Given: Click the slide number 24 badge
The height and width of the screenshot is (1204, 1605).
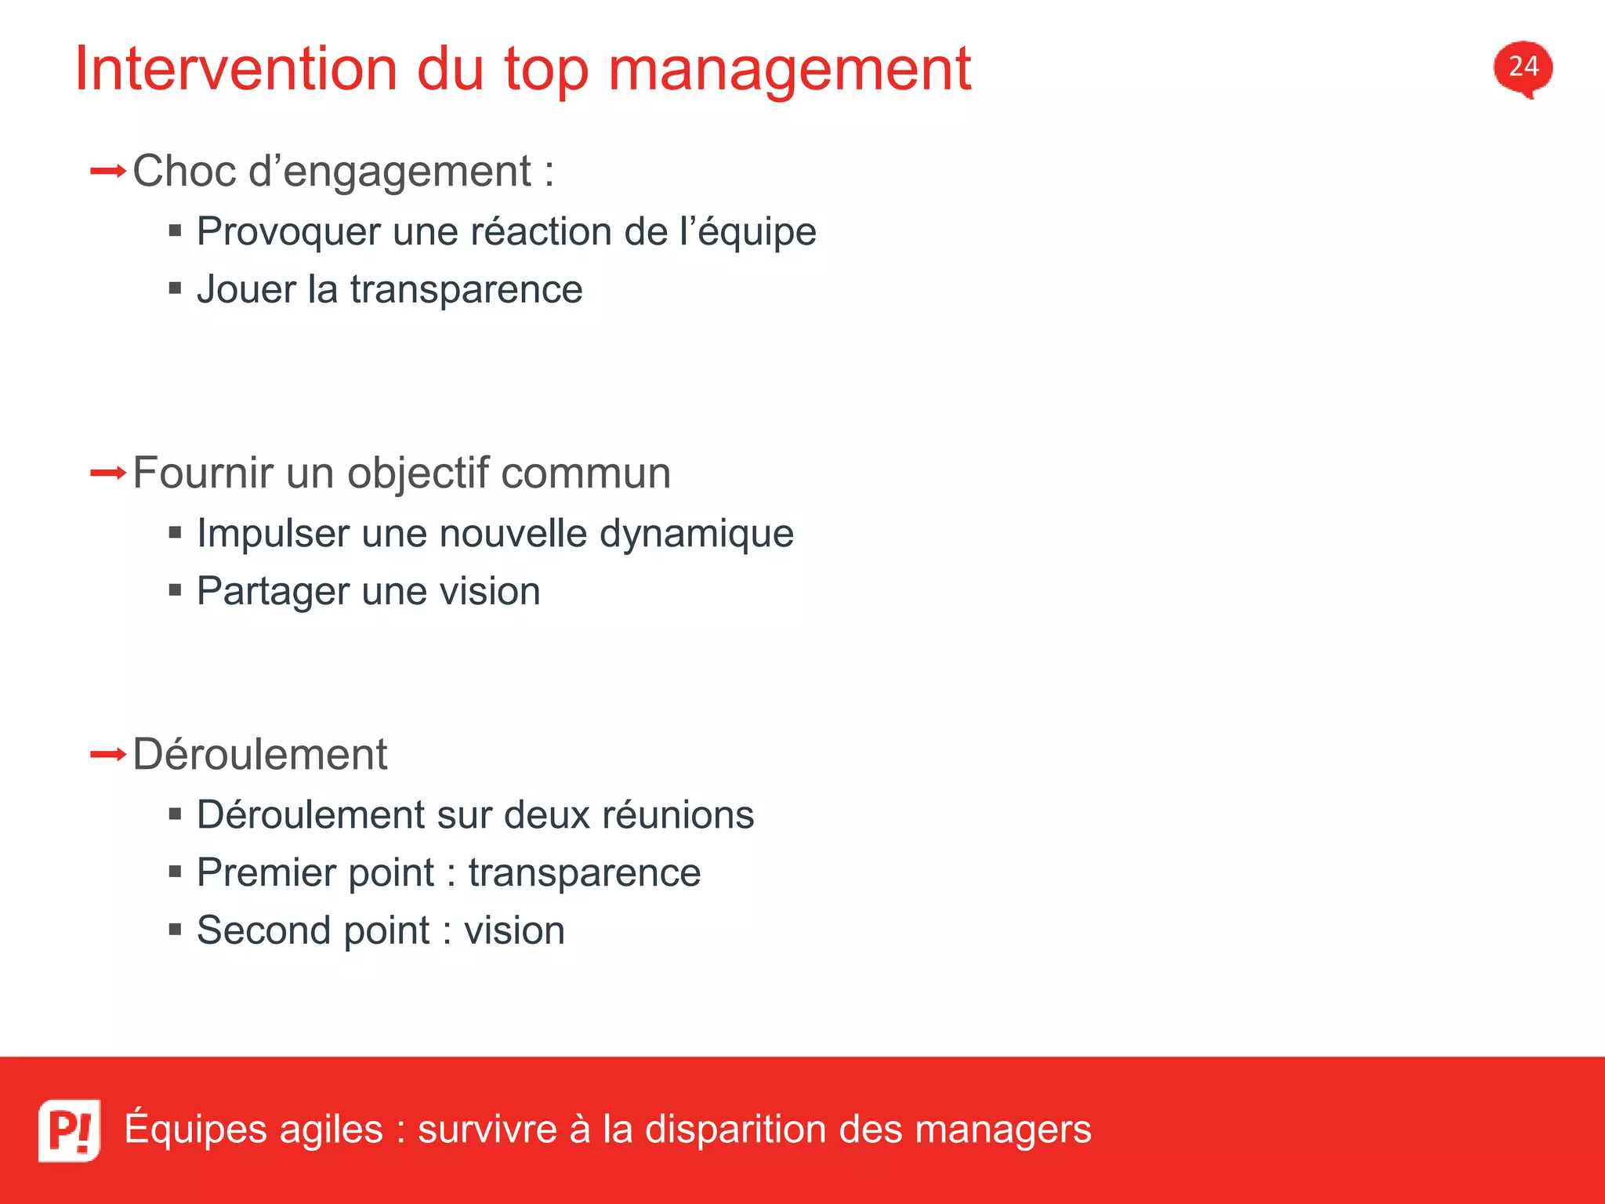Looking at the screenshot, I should click(x=1523, y=67).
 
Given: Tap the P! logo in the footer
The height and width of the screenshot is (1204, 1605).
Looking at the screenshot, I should click(x=69, y=1130).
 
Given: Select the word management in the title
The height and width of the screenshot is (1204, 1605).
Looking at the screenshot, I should click(x=789, y=71).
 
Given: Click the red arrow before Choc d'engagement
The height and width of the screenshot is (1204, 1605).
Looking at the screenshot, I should click(x=107, y=171).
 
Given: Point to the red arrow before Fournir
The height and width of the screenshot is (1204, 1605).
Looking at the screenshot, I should click(x=107, y=473).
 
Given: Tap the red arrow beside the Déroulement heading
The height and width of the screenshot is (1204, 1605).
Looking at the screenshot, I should click(x=107, y=755).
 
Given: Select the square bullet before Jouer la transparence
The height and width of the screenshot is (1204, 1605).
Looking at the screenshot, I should click(x=176, y=288).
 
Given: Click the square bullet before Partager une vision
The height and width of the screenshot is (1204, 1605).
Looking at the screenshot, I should click(x=176, y=589).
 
